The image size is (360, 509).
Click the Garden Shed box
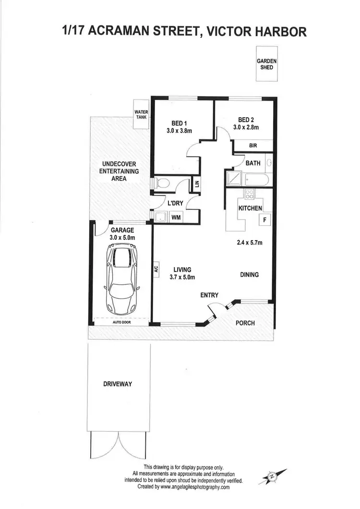pyautogui.click(x=266, y=65)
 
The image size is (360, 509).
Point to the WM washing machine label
pyautogui.click(x=176, y=218)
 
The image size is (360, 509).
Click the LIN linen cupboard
pyautogui.click(x=196, y=183)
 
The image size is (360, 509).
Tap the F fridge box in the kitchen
pyautogui.click(x=264, y=220)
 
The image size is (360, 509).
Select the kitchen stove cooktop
pyautogui.click(x=250, y=194)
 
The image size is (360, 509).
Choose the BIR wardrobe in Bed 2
pyautogui.click(x=252, y=145)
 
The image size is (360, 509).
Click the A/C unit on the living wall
pyautogui.click(x=156, y=269)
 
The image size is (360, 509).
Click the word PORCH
pyautogui.click(x=245, y=323)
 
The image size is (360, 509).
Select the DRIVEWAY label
pyautogui.click(x=118, y=384)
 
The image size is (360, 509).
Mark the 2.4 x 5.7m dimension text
pyautogui.click(x=250, y=242)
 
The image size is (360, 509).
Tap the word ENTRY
pyautogui.click(x=209, y=295)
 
